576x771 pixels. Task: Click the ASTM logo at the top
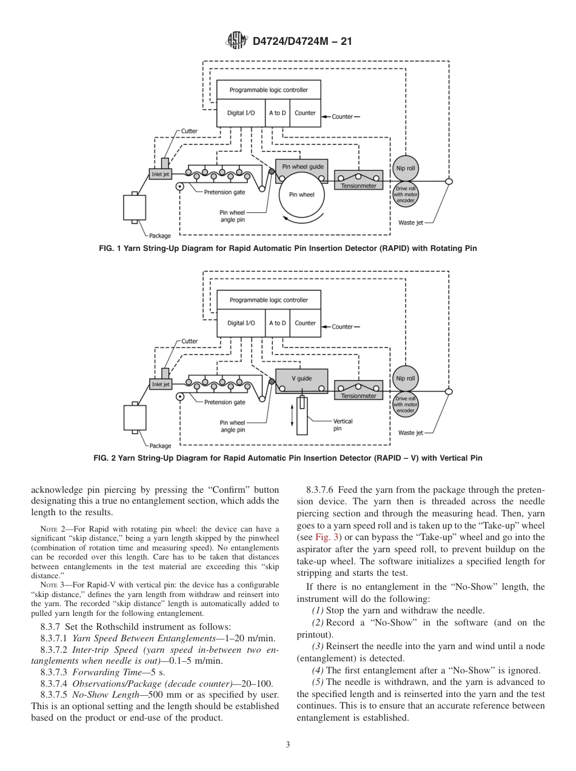click(x=236, y=41)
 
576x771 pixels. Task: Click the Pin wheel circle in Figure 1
click(x=301, y=195)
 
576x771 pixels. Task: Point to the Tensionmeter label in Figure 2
click(x=358, y=396)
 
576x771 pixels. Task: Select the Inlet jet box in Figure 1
click(x=161, y=174)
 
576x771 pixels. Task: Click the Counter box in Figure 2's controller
click(x=305, y=323)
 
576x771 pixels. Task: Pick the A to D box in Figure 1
click(x=277, y=113)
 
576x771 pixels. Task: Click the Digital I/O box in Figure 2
click(x=241, y=323)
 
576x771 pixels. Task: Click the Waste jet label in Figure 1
click(x=410, y=222)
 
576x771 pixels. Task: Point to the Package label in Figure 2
click(x=160, y=446)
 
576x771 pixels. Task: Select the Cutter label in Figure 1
click(x=189, y=131)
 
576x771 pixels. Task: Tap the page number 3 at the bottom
click(x=288, y=744)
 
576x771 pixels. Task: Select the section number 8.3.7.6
click(x=320, y=490)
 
